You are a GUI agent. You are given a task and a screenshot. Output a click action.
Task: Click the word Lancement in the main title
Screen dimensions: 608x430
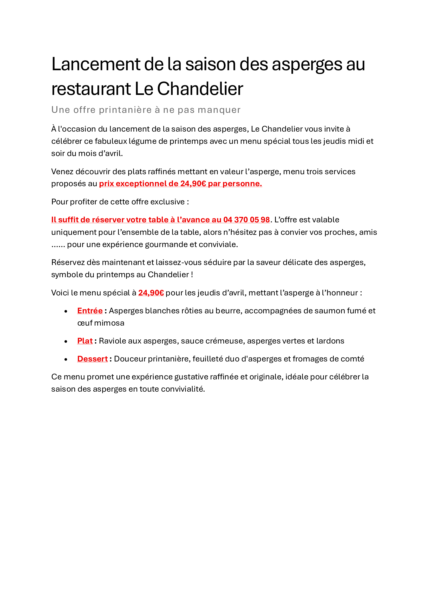[x=95, y=64]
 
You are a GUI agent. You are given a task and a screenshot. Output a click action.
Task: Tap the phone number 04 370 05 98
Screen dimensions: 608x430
[x=246, y=220]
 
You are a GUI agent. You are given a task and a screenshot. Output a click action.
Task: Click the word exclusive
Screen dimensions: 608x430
[x=168, y=202]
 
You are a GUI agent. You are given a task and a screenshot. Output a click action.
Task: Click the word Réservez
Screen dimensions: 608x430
[x=68, y=262]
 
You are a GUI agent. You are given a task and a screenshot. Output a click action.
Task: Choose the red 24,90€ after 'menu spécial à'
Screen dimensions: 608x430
[x=151, y=293]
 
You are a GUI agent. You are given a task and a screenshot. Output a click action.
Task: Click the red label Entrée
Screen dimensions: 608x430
[x=90, y=311]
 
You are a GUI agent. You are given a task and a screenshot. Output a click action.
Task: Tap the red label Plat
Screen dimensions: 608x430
[x=85, y=341]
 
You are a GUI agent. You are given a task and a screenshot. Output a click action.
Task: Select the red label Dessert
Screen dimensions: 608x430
[x=92, y=359]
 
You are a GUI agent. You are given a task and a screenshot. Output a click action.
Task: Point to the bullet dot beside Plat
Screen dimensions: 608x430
[x=66, y=342]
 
